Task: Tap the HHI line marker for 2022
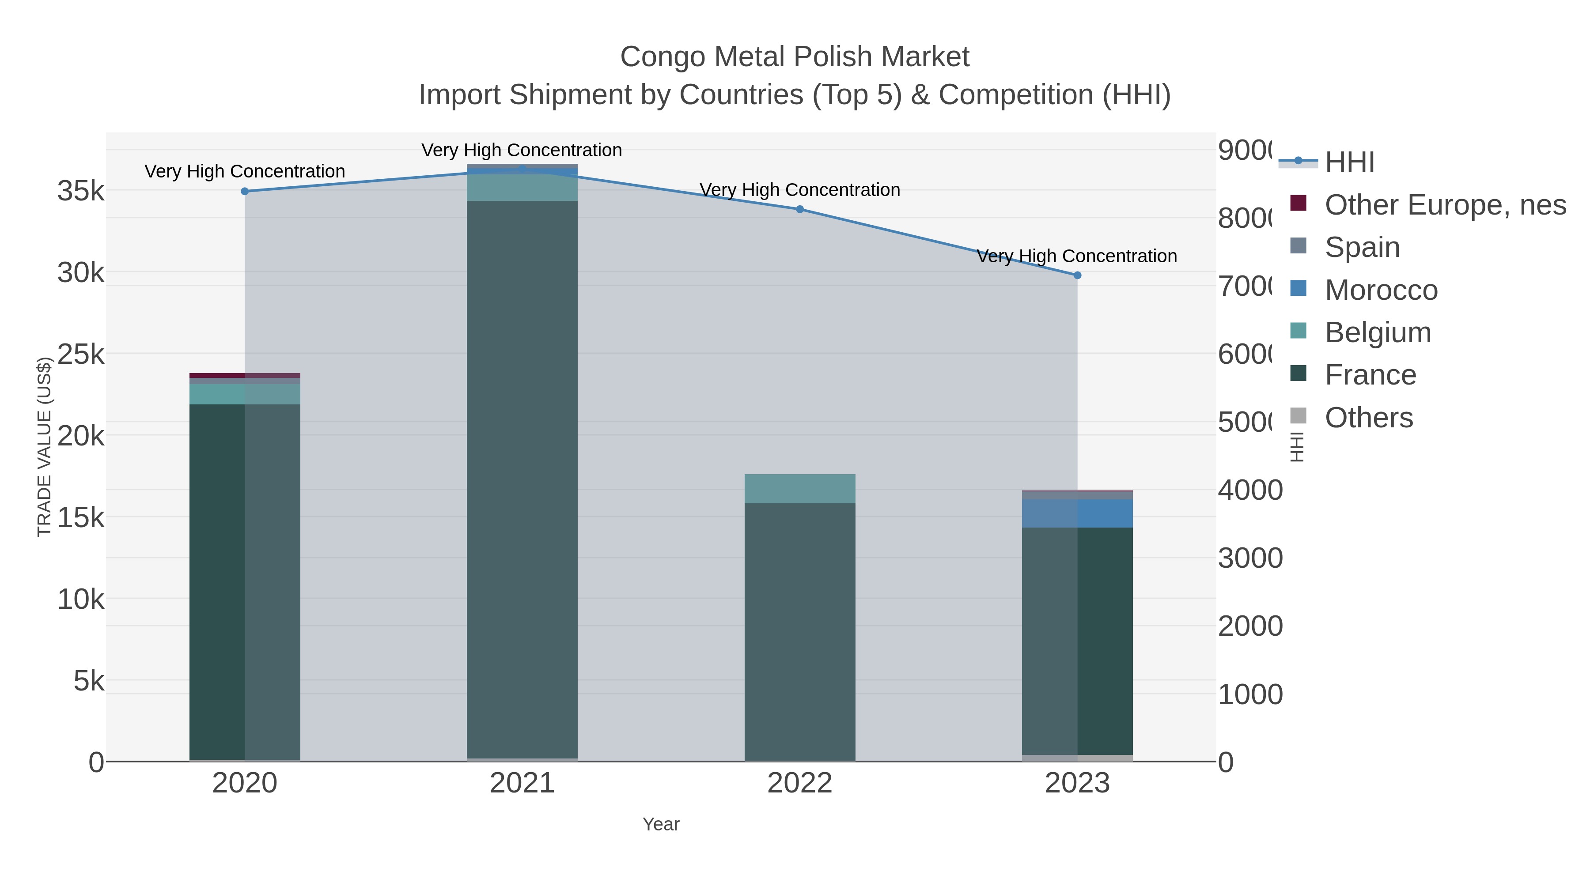799,209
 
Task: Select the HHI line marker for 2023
1077,275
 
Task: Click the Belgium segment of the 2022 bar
799,489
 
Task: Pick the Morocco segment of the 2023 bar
1077,513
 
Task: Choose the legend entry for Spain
1362,247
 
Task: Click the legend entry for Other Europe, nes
1444,205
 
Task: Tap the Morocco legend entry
1380,290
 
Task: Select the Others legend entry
1368,418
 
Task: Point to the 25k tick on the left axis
81,355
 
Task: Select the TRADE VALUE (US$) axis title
45,447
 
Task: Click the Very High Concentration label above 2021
522,150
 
